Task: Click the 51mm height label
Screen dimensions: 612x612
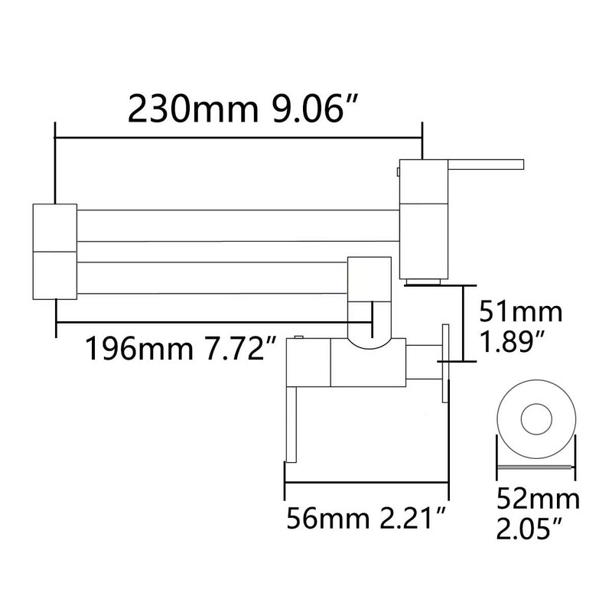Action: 520,312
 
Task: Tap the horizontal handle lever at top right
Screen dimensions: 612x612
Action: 485,163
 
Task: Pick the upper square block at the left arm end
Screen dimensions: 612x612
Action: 54,227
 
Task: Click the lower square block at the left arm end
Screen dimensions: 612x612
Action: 54,274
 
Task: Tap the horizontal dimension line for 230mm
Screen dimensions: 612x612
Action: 237,138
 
